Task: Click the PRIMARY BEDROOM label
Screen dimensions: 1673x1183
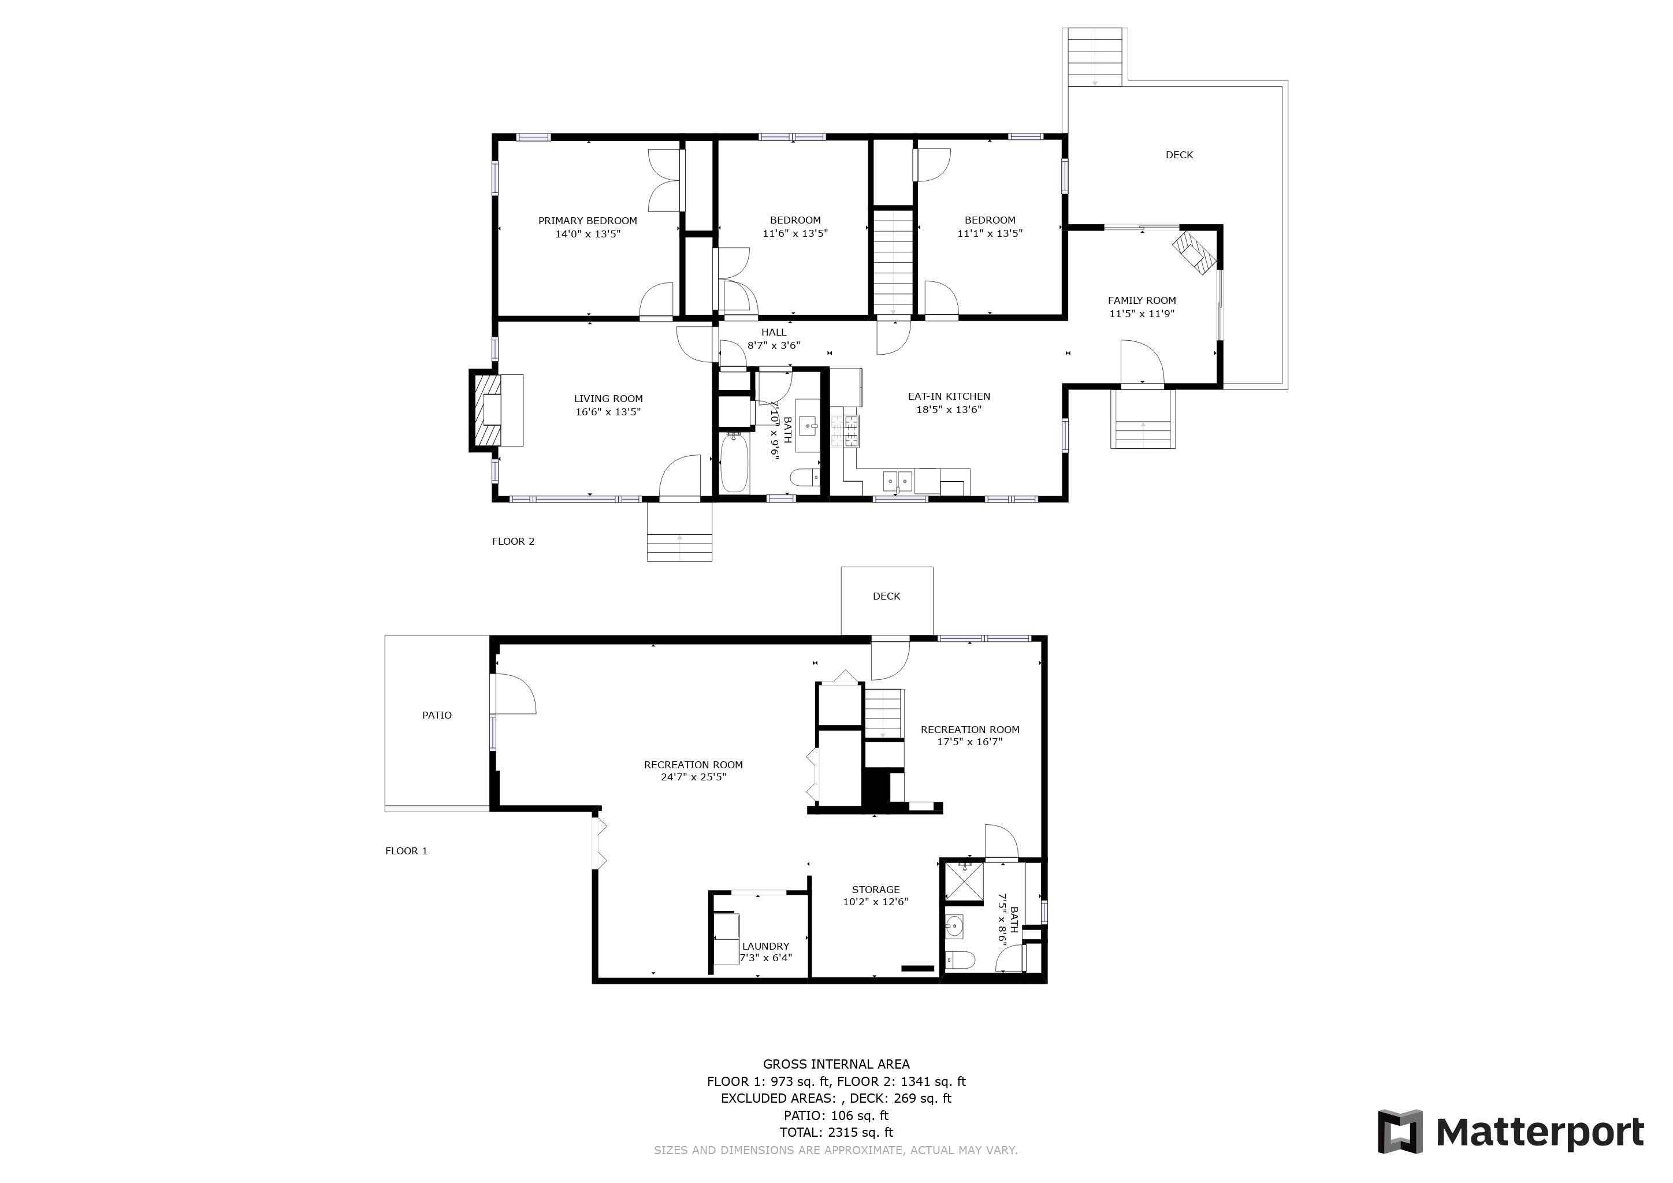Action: click(x=588, y=221)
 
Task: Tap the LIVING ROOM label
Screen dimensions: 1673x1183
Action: click(x=608, y=399)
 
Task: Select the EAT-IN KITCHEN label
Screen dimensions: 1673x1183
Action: click(x=949, y=396)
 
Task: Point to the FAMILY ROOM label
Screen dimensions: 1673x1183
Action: click(x=1142, y=300)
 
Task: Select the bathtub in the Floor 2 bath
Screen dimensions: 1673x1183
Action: click(x=734, y=463)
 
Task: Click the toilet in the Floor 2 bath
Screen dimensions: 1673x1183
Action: click(x=805, y=477)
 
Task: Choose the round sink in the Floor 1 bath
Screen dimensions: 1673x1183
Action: click(x=954, y=927)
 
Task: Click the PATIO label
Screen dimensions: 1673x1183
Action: click(x=437, y=715)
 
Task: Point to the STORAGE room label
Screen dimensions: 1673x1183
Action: click(x=876, y=890)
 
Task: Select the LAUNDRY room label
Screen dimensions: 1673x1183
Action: click(x=766, y=946)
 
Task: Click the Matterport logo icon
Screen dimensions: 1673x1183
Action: click(x=1400, y=1131)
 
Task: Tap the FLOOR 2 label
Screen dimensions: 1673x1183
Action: click(x=513, y=541)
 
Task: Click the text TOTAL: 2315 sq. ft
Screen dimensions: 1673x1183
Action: click(x=836, y=1132)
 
